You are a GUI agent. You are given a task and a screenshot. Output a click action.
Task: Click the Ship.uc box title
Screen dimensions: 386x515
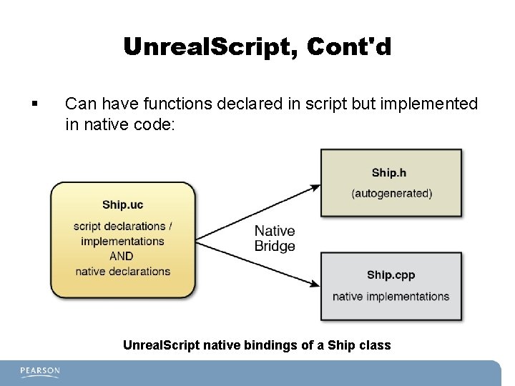(122, 205)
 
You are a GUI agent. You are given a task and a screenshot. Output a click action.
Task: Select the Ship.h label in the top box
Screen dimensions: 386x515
(389, 172)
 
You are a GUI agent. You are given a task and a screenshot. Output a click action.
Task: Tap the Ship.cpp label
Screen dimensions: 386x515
(391, 275)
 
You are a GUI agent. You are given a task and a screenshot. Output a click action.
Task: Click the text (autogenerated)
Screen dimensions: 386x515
(391, 193)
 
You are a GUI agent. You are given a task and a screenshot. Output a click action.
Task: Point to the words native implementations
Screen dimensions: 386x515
(391, 297)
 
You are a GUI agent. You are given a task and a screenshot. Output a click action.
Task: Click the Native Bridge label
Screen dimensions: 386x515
(275, 238)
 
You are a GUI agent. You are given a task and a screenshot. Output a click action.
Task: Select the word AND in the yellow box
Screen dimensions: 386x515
(122, 256)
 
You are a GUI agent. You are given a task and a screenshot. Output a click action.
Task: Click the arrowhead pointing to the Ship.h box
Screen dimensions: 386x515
(315, 188)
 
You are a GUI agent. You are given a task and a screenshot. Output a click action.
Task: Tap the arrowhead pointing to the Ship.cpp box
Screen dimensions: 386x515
(315, 283)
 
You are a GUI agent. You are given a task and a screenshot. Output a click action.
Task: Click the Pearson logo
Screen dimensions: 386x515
(40, 372)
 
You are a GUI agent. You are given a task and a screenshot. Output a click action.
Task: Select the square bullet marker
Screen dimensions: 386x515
(34, 105)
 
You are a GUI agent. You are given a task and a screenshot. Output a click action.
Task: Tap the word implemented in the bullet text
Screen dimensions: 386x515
(431, 104)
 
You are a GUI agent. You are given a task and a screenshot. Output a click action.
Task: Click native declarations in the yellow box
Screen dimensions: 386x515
(122, 271)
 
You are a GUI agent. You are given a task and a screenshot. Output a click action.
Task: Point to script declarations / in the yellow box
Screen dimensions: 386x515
(122, 227)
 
